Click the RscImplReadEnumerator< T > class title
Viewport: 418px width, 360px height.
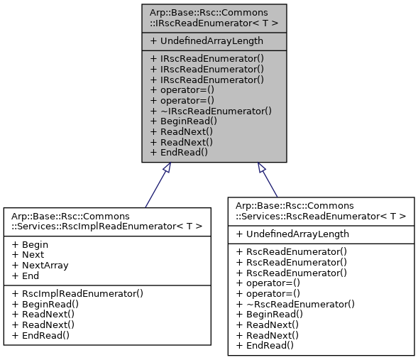107,221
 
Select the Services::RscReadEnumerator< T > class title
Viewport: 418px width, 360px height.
321,210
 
